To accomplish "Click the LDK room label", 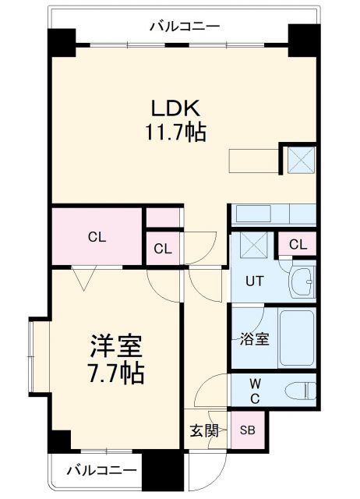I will [175, 108].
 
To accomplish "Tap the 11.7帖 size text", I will [175, 133].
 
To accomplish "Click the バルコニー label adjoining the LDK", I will [185, 27].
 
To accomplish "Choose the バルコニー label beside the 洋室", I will [101, 471].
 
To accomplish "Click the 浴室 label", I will [254, 340].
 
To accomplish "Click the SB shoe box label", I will [247, 430].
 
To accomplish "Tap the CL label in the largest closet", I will [97, 236].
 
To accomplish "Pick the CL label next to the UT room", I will [297, 245].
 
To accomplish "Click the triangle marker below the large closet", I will [82, 275].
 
